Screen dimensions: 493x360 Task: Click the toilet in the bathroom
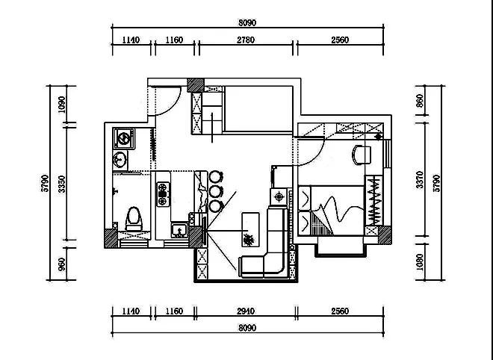134,219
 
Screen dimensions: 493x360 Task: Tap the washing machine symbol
124,138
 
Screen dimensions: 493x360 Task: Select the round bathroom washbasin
120,159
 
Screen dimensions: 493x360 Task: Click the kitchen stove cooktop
163,194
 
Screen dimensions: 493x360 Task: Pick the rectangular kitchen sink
179,230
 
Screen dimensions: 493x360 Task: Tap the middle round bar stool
216,191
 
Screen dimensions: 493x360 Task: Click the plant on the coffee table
249,240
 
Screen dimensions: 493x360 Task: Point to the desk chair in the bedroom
362,155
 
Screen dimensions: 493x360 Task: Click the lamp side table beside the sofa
279,197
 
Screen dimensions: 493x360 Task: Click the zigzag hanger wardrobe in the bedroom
373,201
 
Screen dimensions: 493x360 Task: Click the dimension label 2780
246,40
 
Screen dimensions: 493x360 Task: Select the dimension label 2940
246,311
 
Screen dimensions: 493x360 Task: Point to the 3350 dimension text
62,184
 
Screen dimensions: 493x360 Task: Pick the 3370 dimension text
420,180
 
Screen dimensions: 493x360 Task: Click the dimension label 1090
62,105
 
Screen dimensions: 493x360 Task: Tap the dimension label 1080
420,261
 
